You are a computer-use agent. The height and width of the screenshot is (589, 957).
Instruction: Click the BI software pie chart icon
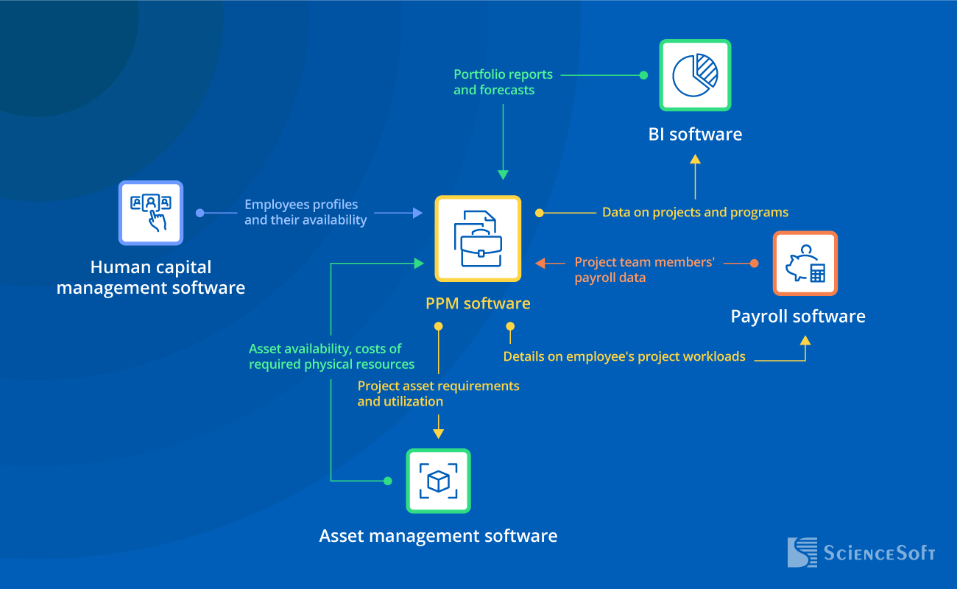pos(695,75)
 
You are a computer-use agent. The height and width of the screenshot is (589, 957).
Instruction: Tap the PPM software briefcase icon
pos(478,239)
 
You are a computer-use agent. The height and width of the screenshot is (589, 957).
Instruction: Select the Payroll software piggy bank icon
pos(805,264)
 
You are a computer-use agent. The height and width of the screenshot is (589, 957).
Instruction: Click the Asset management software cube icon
pos(438,481)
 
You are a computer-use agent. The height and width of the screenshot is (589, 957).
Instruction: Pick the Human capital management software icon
pos(151,213)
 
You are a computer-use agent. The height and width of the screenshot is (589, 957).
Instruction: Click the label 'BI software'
pos(695,134)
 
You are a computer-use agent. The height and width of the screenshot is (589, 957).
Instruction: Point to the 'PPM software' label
pos(478,303)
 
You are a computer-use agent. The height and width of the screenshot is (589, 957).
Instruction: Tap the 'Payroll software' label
pos(798,317)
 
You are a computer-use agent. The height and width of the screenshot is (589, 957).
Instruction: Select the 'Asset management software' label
pos(438,536)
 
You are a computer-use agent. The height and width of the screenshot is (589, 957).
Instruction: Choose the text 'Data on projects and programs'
pos(695,213)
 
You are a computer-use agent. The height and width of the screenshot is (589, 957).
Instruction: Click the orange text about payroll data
pos(644,269)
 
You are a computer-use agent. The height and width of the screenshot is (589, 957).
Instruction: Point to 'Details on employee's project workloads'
pos(624,357)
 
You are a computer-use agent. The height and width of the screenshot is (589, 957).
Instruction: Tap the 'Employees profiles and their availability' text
pos(305,212)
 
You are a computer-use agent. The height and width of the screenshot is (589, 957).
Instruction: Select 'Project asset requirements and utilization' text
pos(438,394)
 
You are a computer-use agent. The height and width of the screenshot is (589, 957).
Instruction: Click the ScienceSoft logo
pos(861,553)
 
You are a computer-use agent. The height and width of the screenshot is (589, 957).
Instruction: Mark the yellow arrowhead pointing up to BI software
pos(695,159)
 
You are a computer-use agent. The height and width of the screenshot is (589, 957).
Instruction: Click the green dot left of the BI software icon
pos(643,75)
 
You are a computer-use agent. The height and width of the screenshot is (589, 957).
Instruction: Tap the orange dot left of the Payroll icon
pos(754,263)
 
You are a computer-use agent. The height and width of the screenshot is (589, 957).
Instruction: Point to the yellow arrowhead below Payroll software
pos(805,341)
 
